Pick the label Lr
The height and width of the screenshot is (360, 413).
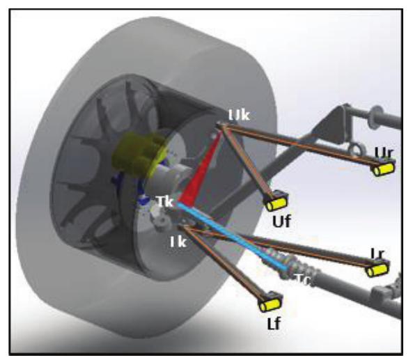[378, 253]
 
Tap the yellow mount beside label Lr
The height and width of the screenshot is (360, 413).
[377, 269]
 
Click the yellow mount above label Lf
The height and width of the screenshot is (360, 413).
[270, 304]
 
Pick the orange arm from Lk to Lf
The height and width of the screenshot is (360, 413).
[223, 265]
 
